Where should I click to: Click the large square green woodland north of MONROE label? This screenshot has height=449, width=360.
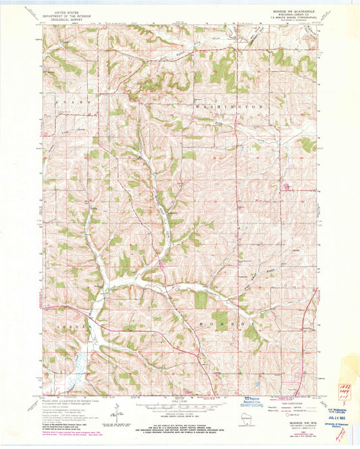coord(201,299)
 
